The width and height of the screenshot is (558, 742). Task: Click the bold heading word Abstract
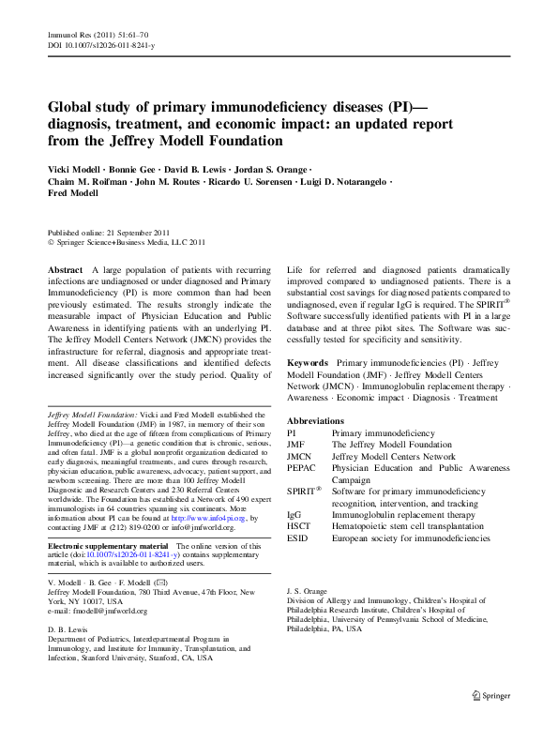[65, 269]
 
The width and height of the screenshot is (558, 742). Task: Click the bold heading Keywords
[307, 361]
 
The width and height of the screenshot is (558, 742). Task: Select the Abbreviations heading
[316, 421]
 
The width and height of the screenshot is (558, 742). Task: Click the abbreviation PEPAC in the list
[301, 466]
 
